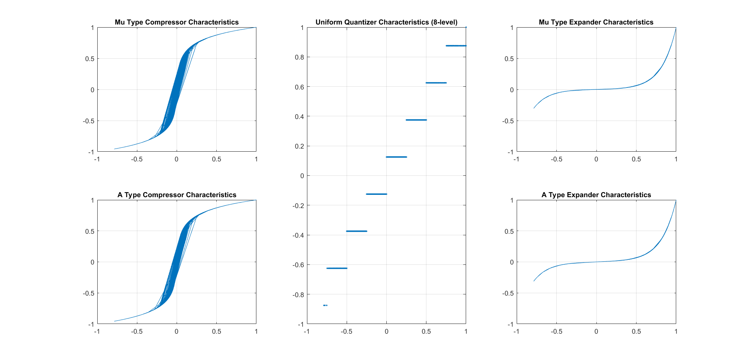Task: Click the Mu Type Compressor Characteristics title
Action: pyautogui.click(x=177, y=22)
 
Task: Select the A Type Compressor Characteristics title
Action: pyautogui.click(x=177, y=195)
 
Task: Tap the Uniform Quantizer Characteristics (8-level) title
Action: pyautogui.click(x=386, y=22)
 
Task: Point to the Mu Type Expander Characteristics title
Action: pyautogui.click(x=596, y=22)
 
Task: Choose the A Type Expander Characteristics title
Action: pyautogui.click(x=596, y=195)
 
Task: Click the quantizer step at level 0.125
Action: pyautogui.click(x=396, y=157)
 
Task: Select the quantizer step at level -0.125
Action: pyautogui.click(x=377, y=194)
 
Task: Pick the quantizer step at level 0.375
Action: pyautogui.click(x=416, y=120)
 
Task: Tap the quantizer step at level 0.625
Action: pyautogui.click(x=436, y=83)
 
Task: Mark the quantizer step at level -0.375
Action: pyautogui.click(x=356, y=231)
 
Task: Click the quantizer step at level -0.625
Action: pyautogui.click(x=337, y=268)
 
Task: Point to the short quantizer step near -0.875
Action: pyautogui.click(x=325, y=305)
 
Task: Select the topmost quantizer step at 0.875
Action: pyautogui.click(x=456, y=46)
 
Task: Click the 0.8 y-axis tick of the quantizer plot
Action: pyautogui.click(x=300, y=57)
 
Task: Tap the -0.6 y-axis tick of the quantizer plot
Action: pyautogui.click(x=298, y=265)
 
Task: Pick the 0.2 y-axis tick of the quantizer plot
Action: pyautogui.click(x=300, y=146)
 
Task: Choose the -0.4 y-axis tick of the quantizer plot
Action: pyautogui.click(x=298, y=235)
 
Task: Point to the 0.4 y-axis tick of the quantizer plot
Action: pyautogui.click(x=300, y=117)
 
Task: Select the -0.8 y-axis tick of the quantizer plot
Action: pyautogui.click(x=298, y=295)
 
